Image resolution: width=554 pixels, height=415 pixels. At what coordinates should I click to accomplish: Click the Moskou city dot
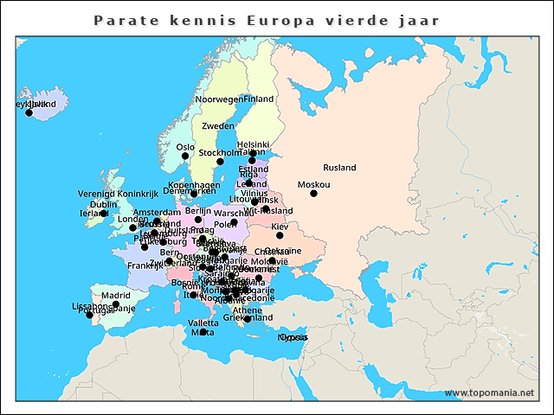313,194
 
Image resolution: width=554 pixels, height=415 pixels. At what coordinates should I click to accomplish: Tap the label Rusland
339,168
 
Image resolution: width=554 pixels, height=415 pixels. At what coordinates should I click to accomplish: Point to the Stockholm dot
220,162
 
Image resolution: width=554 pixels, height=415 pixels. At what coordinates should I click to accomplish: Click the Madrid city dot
116,304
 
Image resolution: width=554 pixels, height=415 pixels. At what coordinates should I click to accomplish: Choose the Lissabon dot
89,315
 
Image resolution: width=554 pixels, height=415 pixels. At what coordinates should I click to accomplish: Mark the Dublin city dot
103,214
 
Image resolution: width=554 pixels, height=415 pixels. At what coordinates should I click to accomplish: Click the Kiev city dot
280,235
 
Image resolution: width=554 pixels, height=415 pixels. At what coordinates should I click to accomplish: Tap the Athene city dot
247,319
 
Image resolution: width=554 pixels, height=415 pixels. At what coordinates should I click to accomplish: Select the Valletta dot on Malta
203,332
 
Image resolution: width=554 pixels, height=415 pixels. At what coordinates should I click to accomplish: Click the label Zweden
217,126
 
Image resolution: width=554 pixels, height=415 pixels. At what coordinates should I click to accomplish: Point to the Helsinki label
254,144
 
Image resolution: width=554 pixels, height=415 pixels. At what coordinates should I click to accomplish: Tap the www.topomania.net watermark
489,393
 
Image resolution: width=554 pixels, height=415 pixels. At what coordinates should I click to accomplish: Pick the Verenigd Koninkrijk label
113,194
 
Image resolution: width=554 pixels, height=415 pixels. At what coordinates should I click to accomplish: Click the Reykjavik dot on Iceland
29,112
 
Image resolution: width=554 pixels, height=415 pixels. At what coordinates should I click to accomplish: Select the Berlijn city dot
197,220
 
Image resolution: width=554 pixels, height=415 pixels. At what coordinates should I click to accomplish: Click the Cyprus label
293,337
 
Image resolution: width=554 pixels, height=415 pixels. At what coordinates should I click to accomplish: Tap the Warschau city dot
234,222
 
